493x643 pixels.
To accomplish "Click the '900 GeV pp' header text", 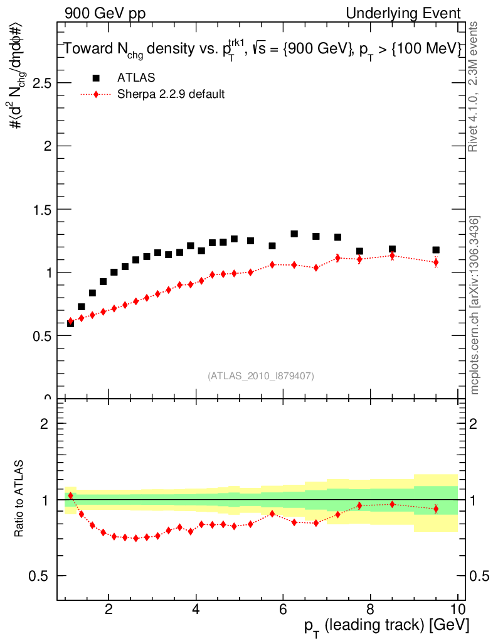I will click(105, 13).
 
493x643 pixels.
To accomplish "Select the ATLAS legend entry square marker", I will click(96, 78).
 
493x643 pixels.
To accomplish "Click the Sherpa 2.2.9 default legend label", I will click(171, 95).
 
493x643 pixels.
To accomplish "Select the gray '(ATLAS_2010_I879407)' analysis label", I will click(261, 376).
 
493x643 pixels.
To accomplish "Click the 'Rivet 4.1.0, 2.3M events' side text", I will click(474, 86).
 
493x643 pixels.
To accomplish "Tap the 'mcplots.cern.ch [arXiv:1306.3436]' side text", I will click(475, 305).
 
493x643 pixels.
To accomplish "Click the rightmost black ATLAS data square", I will click(436, 250).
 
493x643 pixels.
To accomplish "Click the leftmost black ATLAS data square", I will click(70, 323).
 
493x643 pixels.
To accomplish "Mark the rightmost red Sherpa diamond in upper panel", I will click(436, 262).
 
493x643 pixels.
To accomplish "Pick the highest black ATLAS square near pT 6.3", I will click(294, 234).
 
